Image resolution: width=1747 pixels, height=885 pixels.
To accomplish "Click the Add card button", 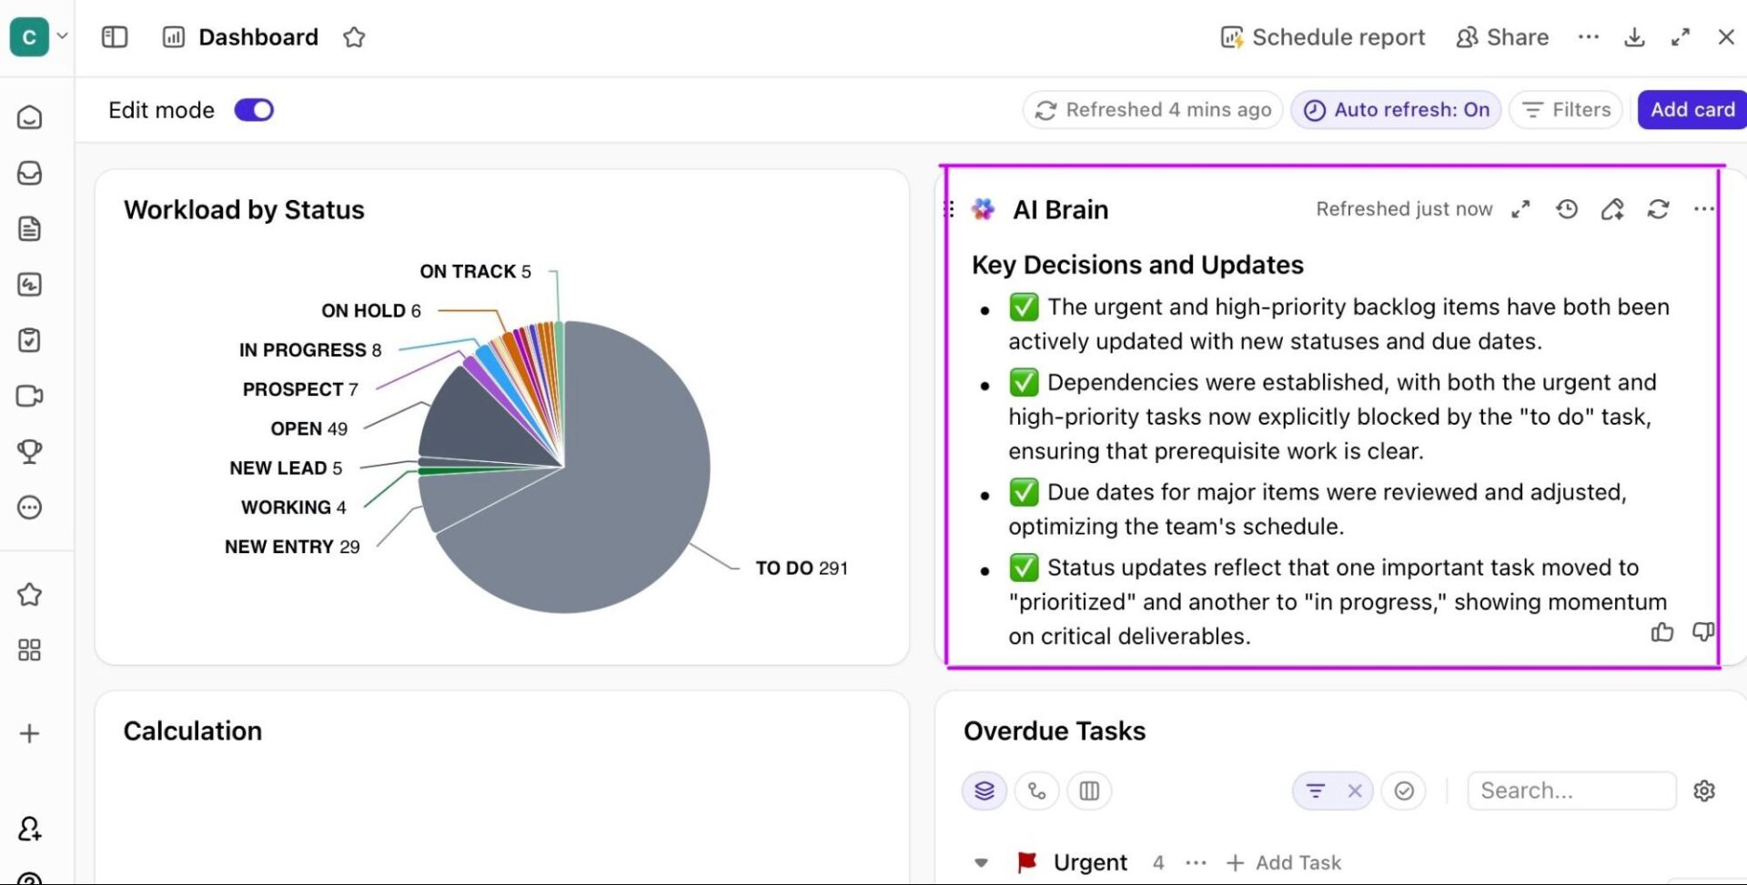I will click(1691, 110).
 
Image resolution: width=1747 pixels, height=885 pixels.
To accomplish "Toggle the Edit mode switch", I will click(254, 110).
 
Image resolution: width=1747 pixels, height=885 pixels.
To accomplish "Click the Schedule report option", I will click(1323, 37).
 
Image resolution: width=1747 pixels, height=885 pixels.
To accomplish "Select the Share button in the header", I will click(1502, 37).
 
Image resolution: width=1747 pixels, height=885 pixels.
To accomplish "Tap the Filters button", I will click(1566, 110).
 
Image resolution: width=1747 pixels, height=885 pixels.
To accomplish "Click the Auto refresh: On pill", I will click(1396, 110).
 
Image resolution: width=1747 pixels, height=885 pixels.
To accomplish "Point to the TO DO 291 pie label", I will click(801, 568).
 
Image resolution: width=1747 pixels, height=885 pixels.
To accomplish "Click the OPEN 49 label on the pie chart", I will click(308, 428).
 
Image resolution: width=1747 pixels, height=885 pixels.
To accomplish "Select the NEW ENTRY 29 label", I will click(292, 547).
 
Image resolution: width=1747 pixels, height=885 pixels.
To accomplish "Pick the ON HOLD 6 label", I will click(370, 311).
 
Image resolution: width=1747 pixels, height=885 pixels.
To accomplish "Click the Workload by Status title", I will click(244, 210).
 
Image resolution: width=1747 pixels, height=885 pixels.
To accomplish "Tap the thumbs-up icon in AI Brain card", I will click(1661, 632).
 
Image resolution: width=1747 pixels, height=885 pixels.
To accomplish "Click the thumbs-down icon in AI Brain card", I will click(1702, 632).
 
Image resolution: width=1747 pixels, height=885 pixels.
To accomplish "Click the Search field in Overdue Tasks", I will click(1570, 790).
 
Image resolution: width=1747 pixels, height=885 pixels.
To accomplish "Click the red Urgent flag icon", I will click(1027, 861).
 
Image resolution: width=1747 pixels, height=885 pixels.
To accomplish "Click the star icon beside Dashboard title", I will click(354, 37).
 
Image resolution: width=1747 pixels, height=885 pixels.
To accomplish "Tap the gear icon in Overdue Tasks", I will click(1704, 790).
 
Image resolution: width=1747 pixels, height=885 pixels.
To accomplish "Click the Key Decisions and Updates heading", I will click(1137, 265).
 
